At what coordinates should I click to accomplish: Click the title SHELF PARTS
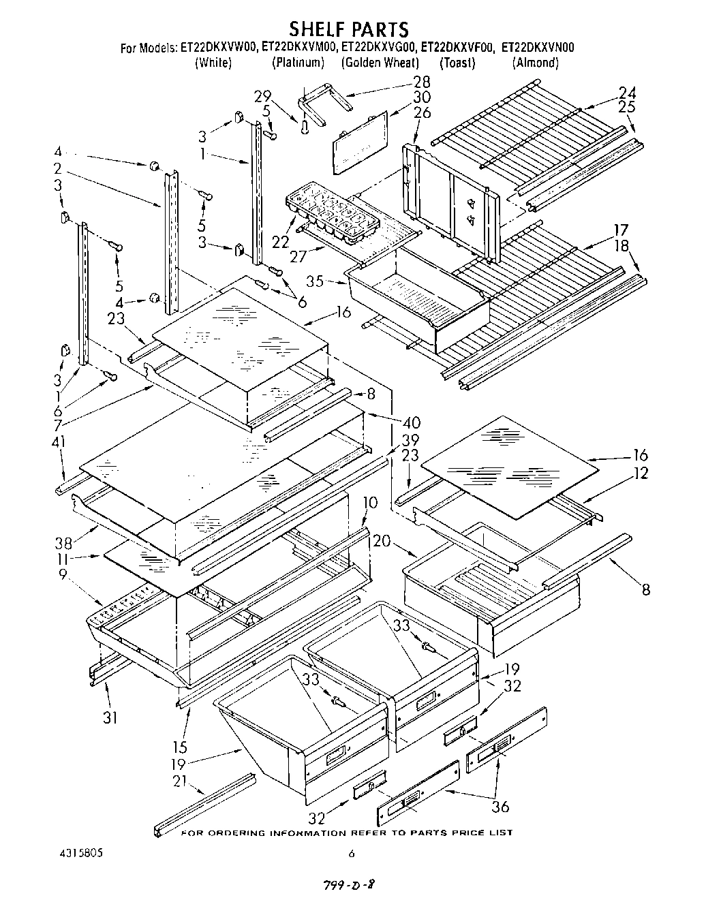coord(348,29)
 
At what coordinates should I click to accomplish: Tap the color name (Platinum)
coord(298,63)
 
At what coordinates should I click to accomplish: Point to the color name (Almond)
coord(535,63)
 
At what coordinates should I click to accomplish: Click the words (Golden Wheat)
coord(380,63)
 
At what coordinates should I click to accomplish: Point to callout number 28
coord(422,82)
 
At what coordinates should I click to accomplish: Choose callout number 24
coord(627,93)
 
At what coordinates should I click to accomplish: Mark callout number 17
coord(620,230)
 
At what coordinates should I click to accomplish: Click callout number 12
coord(641,473)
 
